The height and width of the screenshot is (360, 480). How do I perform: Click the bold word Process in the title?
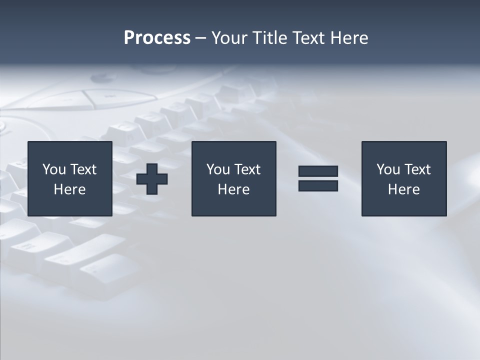point(157,38)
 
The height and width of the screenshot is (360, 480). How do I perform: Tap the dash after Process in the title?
point(200,38)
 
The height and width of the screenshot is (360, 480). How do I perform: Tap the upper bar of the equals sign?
point(318,171)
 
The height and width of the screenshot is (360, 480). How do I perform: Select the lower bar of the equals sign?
point(318,186)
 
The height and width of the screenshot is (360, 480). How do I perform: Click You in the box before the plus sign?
point(54,169)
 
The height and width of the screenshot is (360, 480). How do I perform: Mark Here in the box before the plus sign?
point(69,189)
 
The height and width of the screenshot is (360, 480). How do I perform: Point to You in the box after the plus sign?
point(218,169)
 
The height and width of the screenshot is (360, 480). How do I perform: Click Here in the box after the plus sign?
point(233,189)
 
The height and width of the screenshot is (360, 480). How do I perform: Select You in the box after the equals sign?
point(388,169)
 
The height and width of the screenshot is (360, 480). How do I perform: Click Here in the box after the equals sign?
point(403,189)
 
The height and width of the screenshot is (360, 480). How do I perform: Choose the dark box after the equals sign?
point(404,205)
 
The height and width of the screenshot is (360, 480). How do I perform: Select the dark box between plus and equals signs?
point(234,205)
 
